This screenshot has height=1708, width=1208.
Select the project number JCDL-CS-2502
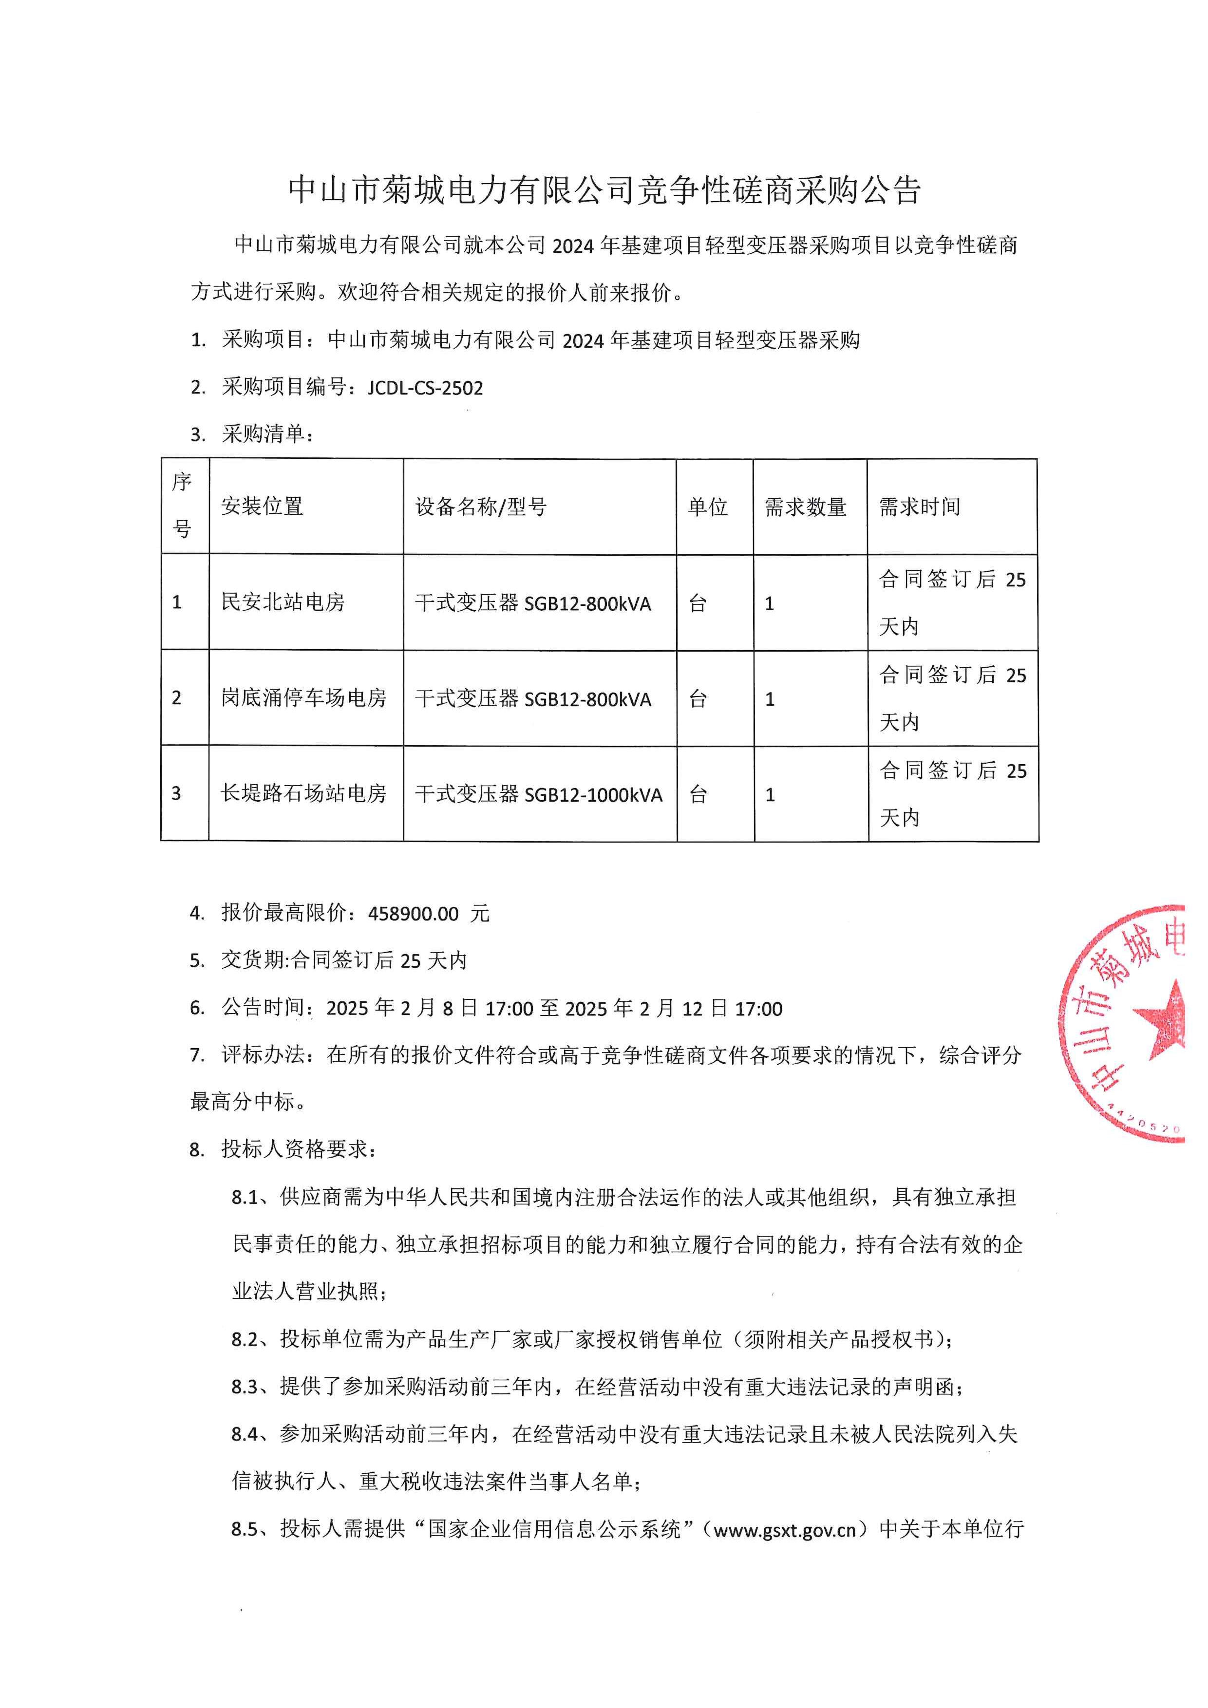coord(425,388)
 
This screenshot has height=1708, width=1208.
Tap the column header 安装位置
coord(262,507)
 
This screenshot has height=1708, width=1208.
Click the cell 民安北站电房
coord(283,602)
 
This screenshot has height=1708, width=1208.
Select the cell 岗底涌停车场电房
coord(303,698)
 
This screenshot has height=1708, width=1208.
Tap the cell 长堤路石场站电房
coord(303,794)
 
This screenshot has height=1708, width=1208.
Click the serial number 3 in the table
coord(176,794)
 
